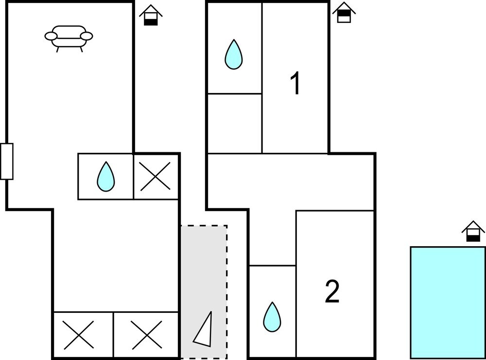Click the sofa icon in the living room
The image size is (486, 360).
[69, 37]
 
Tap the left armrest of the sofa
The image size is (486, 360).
[51, 36]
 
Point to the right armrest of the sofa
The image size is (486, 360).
[87, 36]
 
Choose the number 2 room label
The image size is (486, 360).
[332, 292]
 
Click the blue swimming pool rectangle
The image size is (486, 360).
[448, 302]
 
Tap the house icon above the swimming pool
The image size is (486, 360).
[473, 231]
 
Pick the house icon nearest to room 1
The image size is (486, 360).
[344, 12]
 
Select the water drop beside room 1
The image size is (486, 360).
[233, 54]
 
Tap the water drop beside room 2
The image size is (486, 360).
[272, 317]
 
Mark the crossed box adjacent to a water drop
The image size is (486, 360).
[156, 176]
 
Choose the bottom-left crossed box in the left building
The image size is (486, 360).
[83, 335]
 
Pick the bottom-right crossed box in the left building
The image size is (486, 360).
[146, 335]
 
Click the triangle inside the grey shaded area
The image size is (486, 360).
[204, 329]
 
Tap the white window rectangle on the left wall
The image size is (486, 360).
[7, 161]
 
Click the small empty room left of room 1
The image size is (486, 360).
[234, 123]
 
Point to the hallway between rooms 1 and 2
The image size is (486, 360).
[292, 182]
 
